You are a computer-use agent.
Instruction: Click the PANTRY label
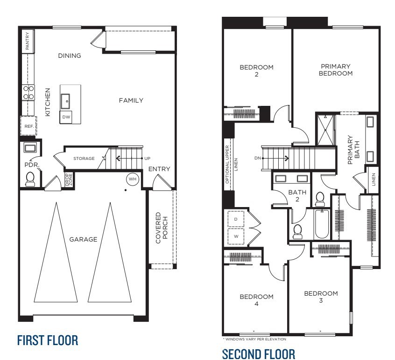pyautogui.click(x=28, y=41)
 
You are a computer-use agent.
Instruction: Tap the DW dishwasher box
pyautogui.click(x=66, y=117)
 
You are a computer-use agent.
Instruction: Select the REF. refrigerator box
pyautogui.click(x=28, y=126)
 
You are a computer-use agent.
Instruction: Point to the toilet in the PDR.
pyautogui.click(x=31, y=179)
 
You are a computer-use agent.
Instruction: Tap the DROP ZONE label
pyautogui.click(x=68, y=180)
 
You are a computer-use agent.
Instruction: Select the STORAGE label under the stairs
pyautogui.click(x=84, y=159)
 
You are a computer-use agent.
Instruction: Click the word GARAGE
pyautogui.click(x=83, y=239)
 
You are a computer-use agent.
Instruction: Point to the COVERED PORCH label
pyautogui.click(x=161, y=228)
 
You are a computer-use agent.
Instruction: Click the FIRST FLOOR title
pyautogui.click(x=47, y=340)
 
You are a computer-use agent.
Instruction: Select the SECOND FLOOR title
pyautogui.click(x=258, y=353)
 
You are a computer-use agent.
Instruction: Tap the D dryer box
pyautogui.click(x=236, y=219)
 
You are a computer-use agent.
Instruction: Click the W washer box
pyautogui.click(x=236, y=236)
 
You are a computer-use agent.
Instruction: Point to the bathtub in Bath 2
pyautogui.click(x=321, y=224)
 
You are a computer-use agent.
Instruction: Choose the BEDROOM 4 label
pyautogui.click(x=256, y=300)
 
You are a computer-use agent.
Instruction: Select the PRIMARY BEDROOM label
pyautogui.click(x=335, y=70)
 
